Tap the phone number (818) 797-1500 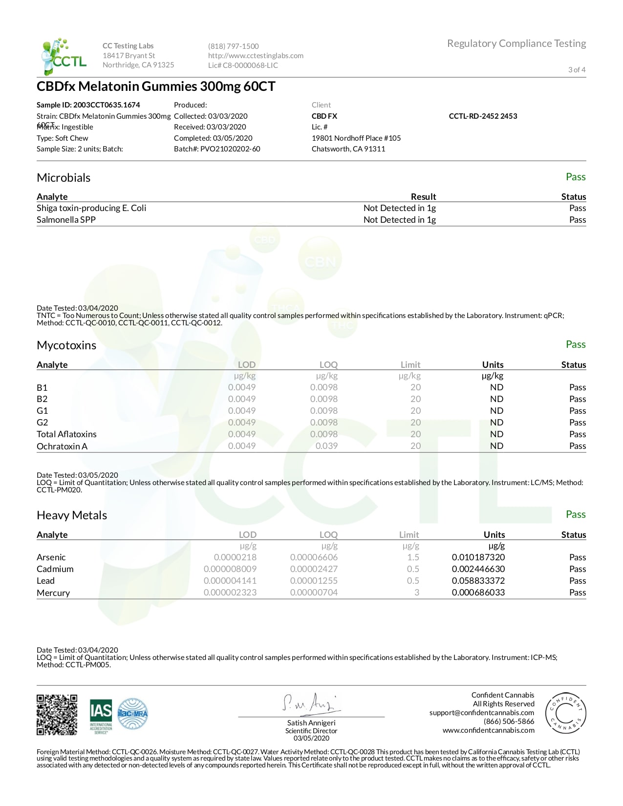pos(233,46)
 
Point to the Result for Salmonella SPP pos(399,220)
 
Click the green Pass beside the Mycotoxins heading pos(575,344)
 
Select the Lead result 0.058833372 pos(478,581)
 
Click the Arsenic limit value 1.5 pos(413,557)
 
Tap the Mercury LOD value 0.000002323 pos(230,593)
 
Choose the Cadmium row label pos(55,569)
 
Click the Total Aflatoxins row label pos(66,434)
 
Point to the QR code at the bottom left pos(57,715)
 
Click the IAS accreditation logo pos(101,716)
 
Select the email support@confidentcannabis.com pos(481,713)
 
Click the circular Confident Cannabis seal pos(565,713)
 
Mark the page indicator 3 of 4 pos(577,70)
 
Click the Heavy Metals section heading pos(72,515)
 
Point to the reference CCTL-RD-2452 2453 pos(483,116)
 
